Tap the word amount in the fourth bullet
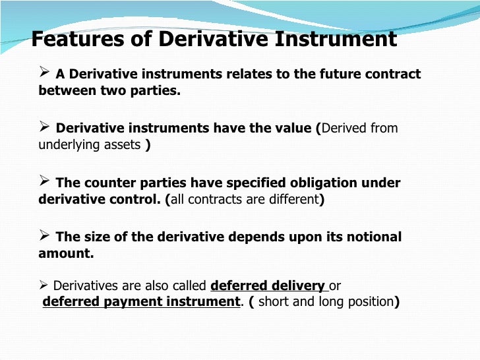64,253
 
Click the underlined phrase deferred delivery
268,286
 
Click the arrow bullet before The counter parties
44,181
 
